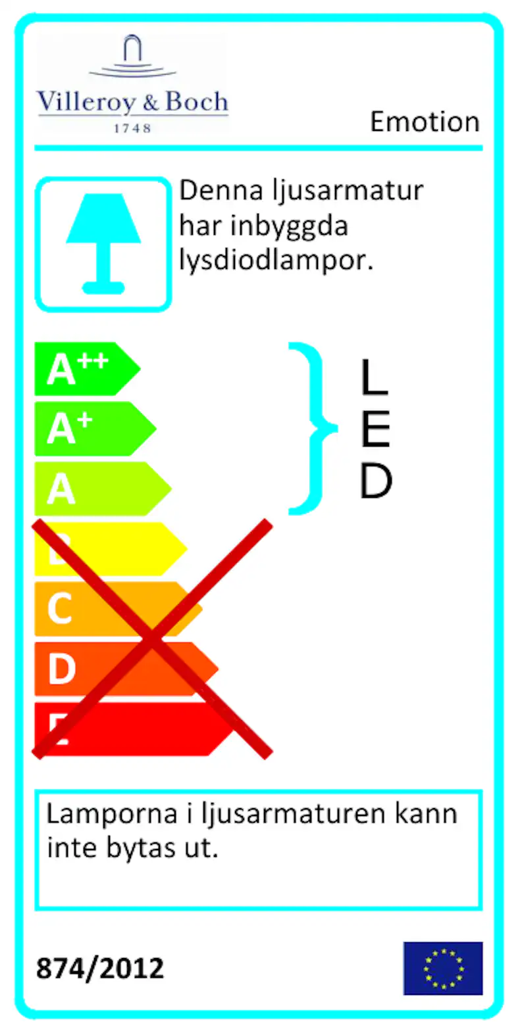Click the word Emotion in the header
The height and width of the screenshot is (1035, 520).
(425, 122)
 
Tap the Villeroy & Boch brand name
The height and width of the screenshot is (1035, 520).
(132, 102)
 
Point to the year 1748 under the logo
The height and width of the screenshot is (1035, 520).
(132, 128)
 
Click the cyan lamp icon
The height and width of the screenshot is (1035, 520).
(103, 243)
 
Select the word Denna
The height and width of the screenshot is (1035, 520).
(221, 190)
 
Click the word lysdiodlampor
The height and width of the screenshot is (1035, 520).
(276, 261)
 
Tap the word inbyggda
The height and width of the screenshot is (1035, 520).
(289, 226)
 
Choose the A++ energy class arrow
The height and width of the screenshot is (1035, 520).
(88, 369)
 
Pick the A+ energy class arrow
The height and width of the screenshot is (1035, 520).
(95, 429)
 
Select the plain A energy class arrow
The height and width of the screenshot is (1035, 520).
(103, 489)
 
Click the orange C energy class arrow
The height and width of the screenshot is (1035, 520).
(118, 609)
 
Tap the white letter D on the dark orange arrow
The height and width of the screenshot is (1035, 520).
(61, 669)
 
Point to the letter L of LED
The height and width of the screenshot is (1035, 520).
(375, 377)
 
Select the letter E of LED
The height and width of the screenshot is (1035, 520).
(376, 429)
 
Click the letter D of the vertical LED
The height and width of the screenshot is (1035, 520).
(376, 481)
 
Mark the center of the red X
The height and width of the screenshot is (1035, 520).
(152, 638)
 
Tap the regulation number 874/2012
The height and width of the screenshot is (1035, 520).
(100, 968)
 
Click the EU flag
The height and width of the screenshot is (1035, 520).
(443, 968)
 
